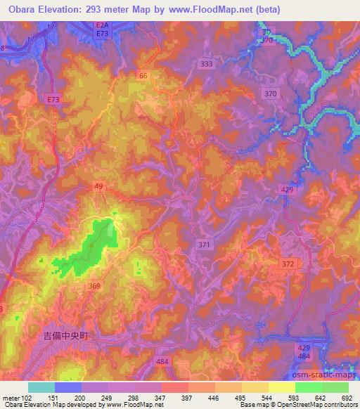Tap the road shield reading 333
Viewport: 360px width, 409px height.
(x=206, y=64)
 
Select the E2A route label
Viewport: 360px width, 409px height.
(x=103, y=25)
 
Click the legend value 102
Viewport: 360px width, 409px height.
(x=25, y=397)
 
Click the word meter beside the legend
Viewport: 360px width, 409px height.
(x=10, y=397)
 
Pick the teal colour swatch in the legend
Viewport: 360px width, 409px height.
(x=41, y=387)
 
